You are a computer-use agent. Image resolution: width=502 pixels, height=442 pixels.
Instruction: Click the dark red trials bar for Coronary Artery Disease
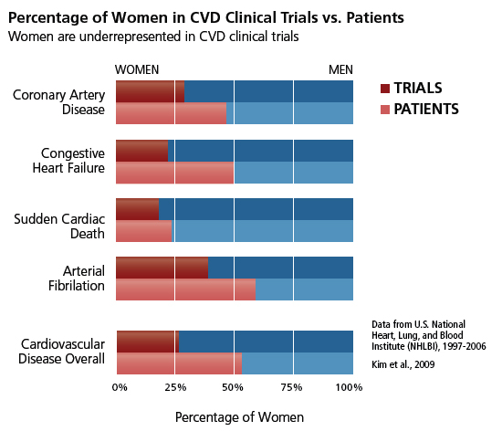point(150,91)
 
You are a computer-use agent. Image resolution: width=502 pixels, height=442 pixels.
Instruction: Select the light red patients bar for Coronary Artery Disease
point(171,113)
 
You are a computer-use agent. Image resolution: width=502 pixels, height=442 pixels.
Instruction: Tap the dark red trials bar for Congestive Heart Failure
point(141,151)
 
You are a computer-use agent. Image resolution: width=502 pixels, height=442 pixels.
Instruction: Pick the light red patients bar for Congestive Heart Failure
point(174,173)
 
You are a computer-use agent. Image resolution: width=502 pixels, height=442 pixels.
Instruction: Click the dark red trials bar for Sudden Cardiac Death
point(137,209)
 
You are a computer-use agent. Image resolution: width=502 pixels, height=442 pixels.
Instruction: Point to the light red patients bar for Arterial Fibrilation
point(185,289)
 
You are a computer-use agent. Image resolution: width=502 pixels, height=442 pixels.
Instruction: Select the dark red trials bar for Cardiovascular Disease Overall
point(147,341)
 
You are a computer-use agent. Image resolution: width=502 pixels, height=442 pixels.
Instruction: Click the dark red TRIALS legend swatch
point(385,89)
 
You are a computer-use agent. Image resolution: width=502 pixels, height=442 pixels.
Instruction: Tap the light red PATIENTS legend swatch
point(385,110)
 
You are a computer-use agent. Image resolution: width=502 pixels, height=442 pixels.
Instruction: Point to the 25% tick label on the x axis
point(175,388)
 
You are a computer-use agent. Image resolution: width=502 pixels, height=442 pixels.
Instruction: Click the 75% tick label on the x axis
point(292,388)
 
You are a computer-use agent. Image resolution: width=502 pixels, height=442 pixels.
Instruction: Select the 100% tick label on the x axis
point(350,388)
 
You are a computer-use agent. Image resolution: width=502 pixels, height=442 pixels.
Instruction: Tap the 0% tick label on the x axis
point(120,388)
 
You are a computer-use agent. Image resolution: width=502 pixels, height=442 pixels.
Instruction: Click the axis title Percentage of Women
point(238,416)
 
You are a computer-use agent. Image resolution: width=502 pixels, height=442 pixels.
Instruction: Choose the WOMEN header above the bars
point(137,69)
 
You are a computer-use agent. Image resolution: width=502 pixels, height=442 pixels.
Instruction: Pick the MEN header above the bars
point(340,69)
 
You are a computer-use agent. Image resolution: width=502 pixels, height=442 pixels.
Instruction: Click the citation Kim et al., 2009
point(403,364)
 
